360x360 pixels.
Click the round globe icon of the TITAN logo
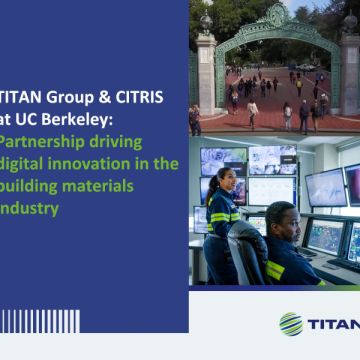tap(291, 323)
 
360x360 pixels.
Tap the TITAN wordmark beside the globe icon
tap(333, 323)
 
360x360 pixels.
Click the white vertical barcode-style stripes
tap(40, 321)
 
